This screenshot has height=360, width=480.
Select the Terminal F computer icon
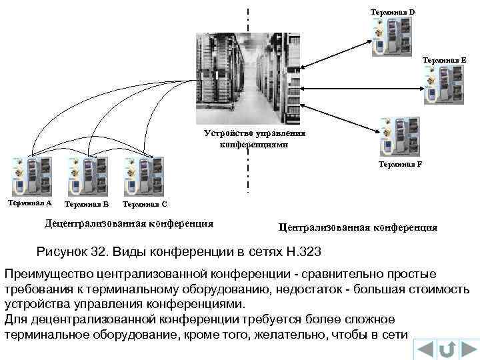tap(399, 136)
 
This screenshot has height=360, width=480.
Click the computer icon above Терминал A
tap(29, 176)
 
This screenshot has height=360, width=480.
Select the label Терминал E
tap(443, 60)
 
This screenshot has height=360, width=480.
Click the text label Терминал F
tap(400, 163)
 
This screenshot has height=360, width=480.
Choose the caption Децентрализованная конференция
tap(129, 223)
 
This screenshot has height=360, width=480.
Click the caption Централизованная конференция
tap(358, 227)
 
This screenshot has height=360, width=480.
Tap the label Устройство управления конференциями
tap(254, 139)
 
